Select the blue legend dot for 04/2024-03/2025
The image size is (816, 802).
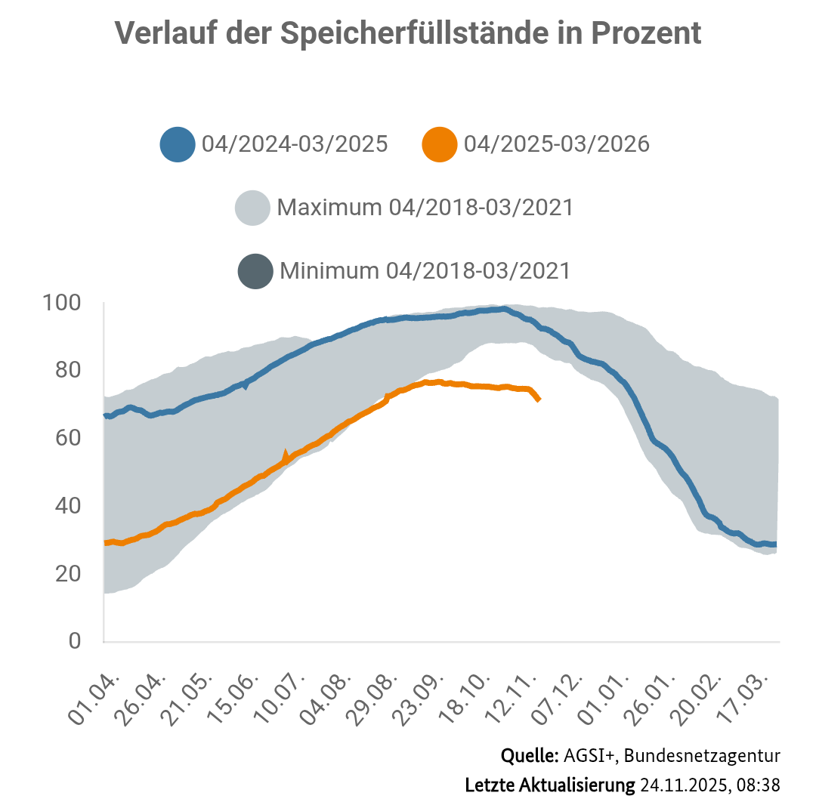coord(178,143)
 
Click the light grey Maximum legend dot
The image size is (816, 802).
coord(253,208)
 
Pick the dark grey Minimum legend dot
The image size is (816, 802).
coord(255,271)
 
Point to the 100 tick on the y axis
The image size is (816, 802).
coord(64,304)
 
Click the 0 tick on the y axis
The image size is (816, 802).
coord(74,641)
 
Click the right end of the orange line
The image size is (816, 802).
coord(539,399)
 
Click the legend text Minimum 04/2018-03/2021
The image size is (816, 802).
coord(425,271)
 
